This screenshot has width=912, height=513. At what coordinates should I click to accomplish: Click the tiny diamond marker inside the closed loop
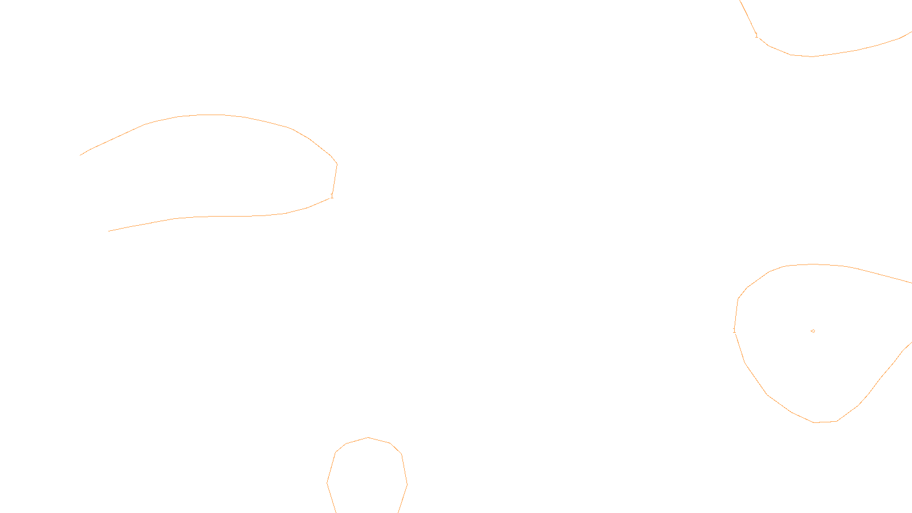812,331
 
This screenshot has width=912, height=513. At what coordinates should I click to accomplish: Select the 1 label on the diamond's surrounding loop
734,331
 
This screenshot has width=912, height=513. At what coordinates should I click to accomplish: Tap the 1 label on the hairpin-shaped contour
332,196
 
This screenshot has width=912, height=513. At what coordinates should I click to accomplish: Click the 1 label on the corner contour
756,36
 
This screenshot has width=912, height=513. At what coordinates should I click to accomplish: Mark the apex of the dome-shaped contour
368,438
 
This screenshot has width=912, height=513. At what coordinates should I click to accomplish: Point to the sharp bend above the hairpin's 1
337,164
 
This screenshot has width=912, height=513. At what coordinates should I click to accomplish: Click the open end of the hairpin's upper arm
80,155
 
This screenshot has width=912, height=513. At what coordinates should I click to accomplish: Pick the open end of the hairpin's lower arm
109,231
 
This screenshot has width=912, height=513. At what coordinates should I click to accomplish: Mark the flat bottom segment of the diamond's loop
825,422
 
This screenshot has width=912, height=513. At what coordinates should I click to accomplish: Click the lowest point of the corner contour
812,56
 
